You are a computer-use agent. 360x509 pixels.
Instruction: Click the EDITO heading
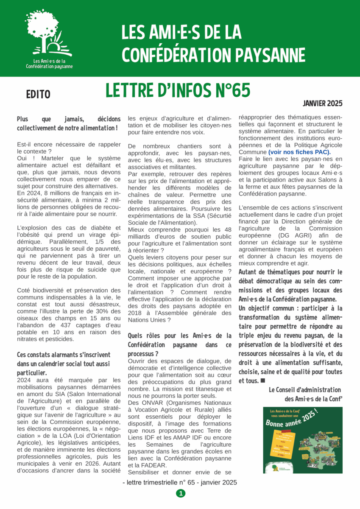point(38,95)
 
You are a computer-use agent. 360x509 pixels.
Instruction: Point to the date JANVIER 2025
point(322,103)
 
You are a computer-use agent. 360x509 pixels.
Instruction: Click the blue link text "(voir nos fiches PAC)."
point(300,152)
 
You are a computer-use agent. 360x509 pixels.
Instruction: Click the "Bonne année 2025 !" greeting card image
point(303,440)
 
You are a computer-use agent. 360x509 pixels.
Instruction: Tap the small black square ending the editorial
point(263,380)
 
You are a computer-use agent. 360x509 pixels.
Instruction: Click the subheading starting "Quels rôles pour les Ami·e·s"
point(180,336)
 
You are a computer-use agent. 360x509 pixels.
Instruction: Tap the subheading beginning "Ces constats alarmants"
point(64,355)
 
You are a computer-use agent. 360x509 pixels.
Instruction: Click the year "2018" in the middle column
point(137,306)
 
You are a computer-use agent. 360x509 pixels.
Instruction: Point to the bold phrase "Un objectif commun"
point(265,308)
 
